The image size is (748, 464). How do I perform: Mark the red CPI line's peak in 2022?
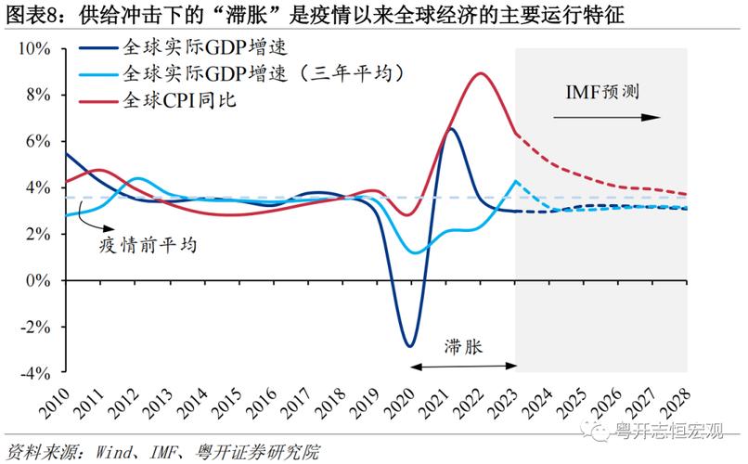click(x=480, y=73)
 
